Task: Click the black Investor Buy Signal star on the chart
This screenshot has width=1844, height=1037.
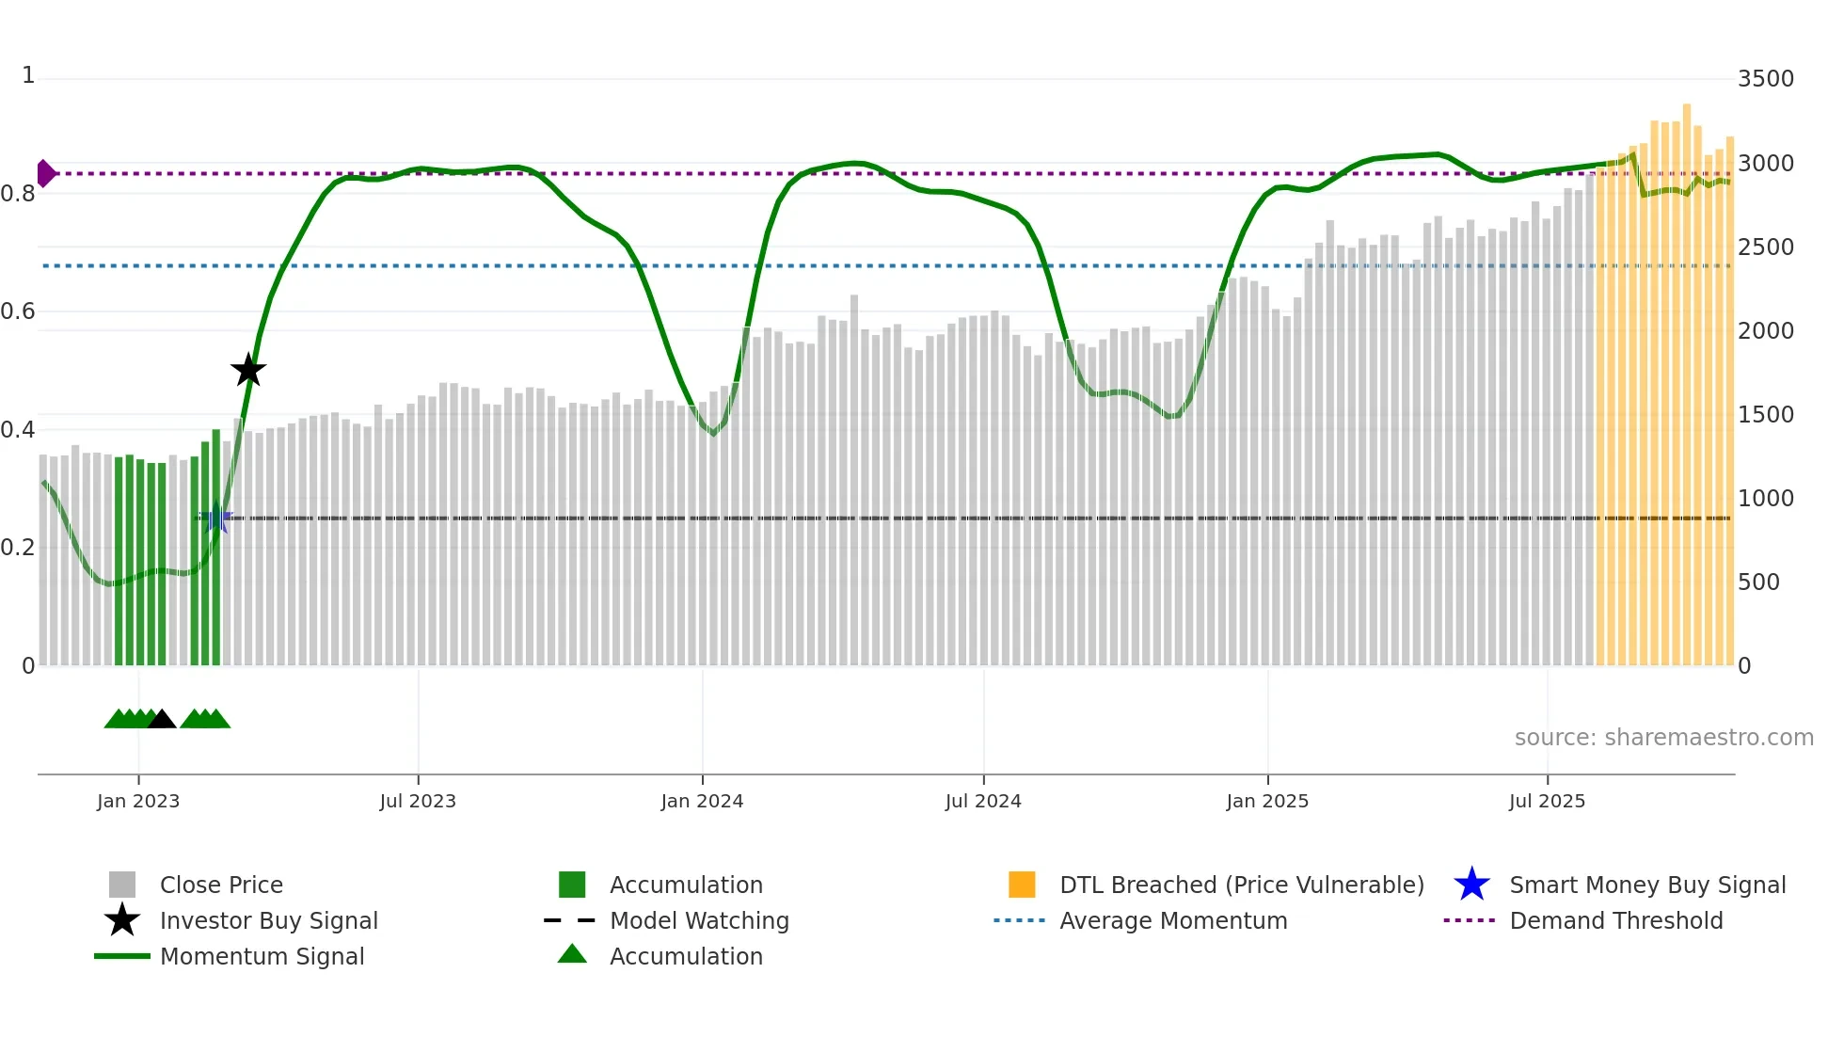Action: click(248, 370)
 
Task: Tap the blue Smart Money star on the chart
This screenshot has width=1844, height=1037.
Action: click(216, 518)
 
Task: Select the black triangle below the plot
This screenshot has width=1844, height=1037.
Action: click(162, 720)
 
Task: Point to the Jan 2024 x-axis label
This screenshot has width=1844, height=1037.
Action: click(702, 801)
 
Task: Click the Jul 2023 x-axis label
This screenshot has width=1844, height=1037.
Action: click(418, 801)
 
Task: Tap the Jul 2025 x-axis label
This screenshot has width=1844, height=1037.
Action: click(1547, 801)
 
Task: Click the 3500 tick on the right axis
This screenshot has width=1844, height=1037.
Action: click(1765, 79)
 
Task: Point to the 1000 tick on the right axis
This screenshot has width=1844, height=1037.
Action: click(1765, 499)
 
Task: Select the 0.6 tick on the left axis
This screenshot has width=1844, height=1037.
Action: click(18, 311)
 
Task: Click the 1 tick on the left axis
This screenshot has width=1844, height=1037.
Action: click(28, 75)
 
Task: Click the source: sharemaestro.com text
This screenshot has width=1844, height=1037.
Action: click(1663, 738)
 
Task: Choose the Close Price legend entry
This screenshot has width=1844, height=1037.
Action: click(221, 885)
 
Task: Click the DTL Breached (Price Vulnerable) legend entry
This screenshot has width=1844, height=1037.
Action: click(1241, 885)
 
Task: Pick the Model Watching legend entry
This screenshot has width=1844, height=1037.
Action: click(699, 920)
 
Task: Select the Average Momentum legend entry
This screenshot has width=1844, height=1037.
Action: click(1173, 920)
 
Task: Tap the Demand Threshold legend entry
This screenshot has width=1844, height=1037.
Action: click(1615, 920)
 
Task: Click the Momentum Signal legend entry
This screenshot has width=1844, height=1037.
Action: click(262, 956)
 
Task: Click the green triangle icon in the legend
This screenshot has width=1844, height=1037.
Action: click(572, 954)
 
